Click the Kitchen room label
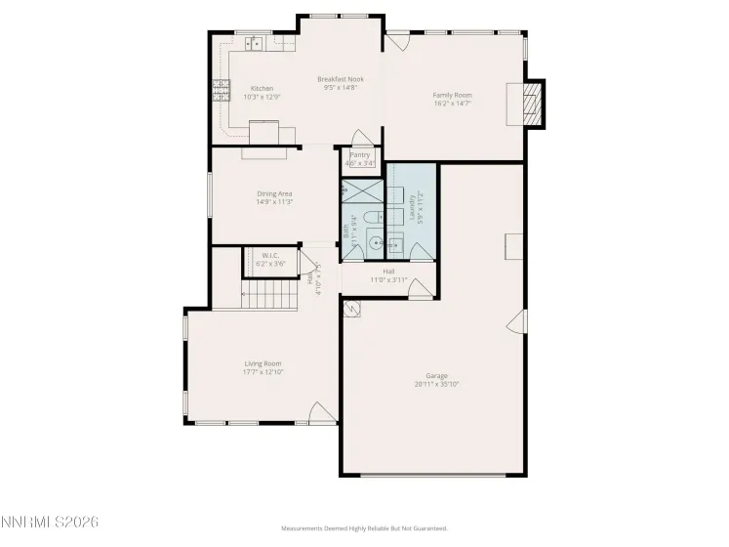262,89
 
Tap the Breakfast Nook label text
341,79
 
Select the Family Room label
452,95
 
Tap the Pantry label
359,154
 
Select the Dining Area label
274,193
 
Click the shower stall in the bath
361,189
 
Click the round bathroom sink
361,244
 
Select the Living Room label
263,364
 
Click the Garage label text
436,376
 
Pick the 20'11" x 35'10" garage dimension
436,384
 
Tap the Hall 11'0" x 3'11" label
388,275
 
